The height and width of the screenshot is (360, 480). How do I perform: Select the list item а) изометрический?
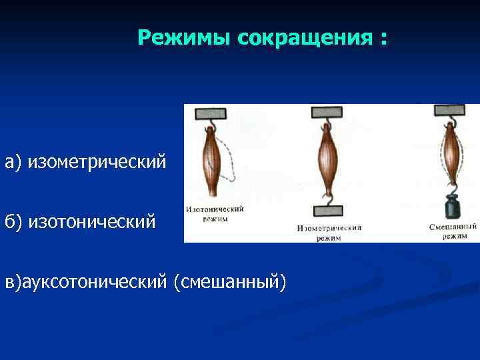coord(85,162)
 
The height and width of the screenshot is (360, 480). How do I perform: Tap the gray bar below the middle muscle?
coord(327,211)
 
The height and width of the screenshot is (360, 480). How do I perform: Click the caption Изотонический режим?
coord(215,213)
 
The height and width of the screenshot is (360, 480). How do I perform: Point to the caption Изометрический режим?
coord(329,232)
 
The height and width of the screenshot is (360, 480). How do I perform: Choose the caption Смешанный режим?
coord(453,231)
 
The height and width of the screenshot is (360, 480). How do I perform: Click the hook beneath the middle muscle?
coord(327,199)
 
